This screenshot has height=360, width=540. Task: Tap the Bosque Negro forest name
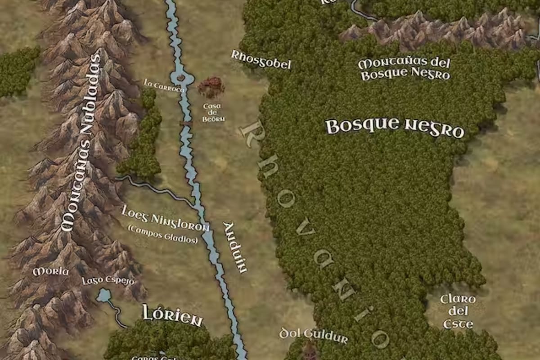click(x=395, y=127)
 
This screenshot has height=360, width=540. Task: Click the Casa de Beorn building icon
click(x=211, y=87)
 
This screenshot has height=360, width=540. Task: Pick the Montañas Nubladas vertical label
click(x=81, y=142)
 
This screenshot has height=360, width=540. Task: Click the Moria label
click(x=50, y=271)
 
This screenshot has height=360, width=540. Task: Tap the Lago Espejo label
click(x=108, y=281)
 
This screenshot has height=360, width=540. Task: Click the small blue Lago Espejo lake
click(x=104, y=296)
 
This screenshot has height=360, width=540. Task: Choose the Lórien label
click(x=172, y=315)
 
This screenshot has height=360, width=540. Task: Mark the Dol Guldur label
click(x=314, y=335)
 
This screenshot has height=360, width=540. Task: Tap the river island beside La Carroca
click(x=181, y=78)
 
